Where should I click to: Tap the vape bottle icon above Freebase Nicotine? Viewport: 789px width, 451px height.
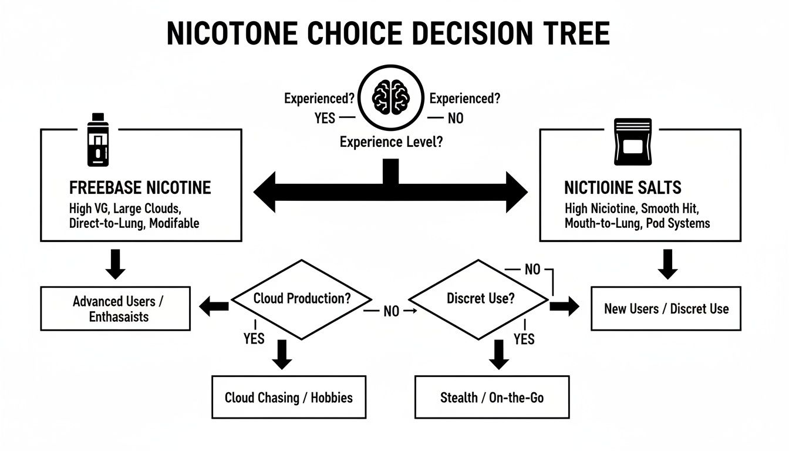95,139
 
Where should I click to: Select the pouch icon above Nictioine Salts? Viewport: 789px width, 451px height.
632,142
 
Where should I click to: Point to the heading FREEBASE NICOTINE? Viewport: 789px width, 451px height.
140,188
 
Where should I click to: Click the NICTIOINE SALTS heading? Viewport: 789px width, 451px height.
623,188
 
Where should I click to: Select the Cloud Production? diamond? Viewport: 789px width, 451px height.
302,298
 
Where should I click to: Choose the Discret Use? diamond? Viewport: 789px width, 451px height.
481,298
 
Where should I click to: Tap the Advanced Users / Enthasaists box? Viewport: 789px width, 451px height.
116,309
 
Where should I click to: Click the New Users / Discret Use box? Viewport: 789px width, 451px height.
666,309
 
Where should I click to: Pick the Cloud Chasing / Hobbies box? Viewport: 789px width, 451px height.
289,398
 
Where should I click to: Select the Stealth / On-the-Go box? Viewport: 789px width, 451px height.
492,398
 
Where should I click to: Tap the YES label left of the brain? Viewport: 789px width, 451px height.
325,118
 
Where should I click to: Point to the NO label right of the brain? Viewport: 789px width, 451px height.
455,118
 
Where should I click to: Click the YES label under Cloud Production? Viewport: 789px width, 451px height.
254,339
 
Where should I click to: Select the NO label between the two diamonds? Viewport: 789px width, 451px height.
391,312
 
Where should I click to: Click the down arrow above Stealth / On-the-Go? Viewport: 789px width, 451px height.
498,354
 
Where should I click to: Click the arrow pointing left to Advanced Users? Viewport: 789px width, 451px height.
214,305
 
